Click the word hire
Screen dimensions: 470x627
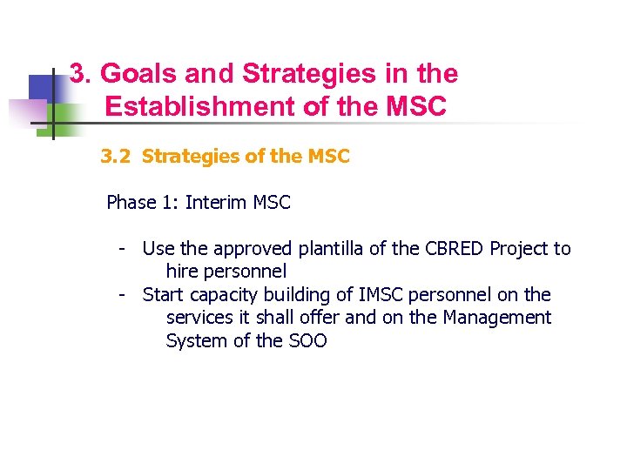click(183, 272)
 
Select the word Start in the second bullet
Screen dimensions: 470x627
click(164, 295)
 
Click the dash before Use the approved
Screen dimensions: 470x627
click(124, 249)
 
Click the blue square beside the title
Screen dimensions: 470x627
click(41, 89)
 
